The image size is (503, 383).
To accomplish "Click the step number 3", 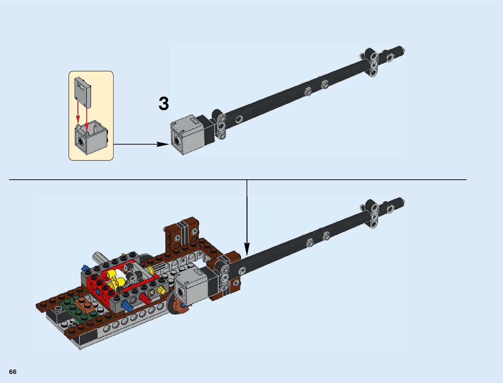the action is coord(164,104).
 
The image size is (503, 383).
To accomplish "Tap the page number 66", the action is coord(13,372).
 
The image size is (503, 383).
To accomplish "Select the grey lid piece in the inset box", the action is coord(82,92).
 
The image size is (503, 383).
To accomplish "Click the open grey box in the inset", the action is coord(91,137).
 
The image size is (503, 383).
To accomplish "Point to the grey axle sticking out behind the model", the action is coord(98,257).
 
